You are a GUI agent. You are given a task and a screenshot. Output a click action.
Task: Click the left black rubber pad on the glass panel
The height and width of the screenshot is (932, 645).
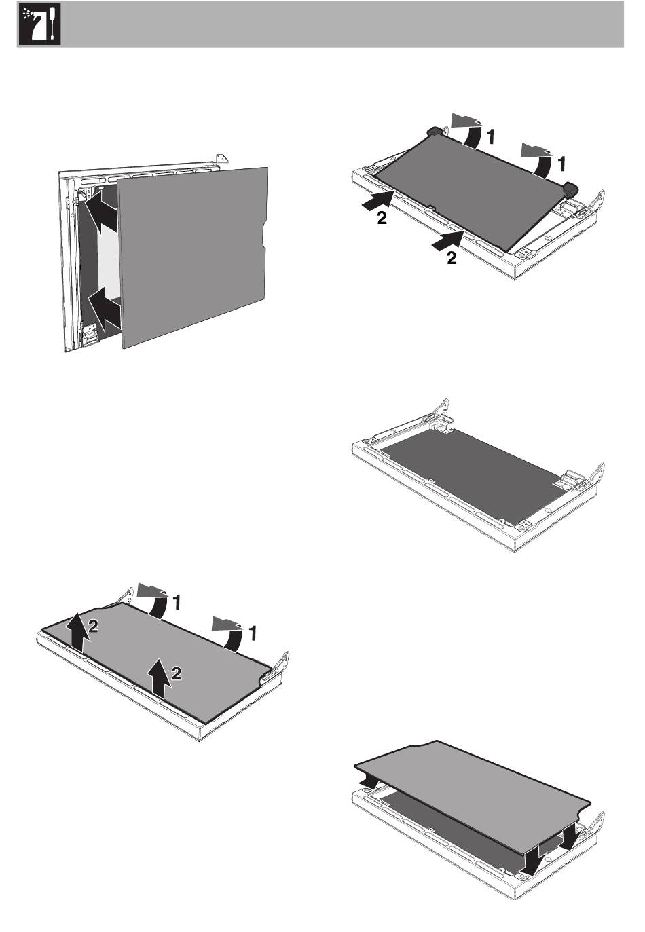[432, 130]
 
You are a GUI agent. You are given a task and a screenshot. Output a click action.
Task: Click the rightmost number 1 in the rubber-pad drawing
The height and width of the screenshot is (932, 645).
[561, 164]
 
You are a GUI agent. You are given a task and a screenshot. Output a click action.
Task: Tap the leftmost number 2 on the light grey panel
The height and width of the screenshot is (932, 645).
[94, 629]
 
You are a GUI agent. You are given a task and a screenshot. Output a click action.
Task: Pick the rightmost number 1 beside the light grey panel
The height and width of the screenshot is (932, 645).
[252, 633]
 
